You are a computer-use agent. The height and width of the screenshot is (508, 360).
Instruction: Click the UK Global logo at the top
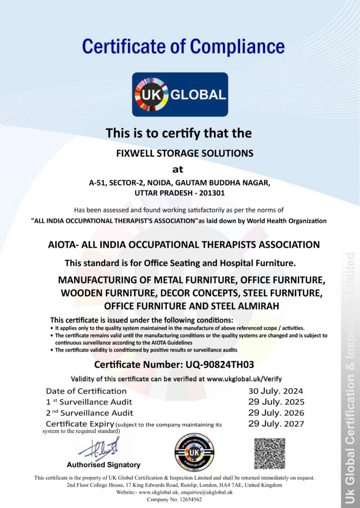tap(180, 94)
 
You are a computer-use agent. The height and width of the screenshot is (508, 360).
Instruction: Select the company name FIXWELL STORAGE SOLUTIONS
tap(185, 153)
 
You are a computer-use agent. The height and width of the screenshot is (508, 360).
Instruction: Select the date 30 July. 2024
tap(276, 391)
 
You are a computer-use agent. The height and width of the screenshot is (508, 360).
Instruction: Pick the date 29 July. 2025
tap(276, 402)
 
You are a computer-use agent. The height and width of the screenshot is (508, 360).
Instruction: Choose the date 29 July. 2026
tap(276, 413)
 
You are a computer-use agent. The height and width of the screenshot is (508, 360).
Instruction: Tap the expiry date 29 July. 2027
tap(276, 424)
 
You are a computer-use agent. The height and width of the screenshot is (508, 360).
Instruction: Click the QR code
tap(270, 453)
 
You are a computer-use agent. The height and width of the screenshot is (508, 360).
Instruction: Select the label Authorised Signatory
tap(103, 465)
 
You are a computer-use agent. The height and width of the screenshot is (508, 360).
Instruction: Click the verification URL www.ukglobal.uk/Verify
tap(245, 379)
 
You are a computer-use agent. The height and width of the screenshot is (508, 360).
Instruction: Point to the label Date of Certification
tap(79, 391)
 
